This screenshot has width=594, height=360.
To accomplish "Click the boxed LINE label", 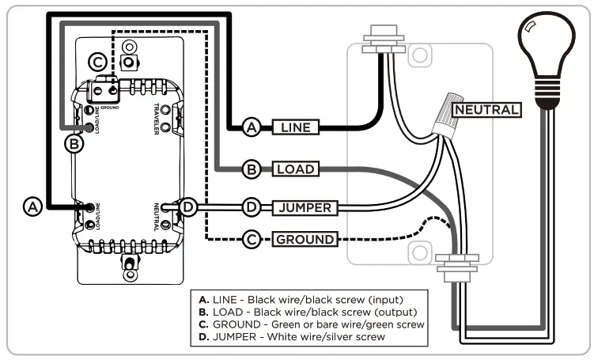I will [296, 127].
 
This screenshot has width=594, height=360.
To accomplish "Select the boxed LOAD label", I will [296, 169].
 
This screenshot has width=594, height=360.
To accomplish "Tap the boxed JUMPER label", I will [305, 208].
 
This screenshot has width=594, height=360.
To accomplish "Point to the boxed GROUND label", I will [305, 238].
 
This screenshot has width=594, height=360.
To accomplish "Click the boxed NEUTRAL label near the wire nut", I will [486, 110].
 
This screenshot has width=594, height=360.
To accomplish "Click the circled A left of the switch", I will [32, 207].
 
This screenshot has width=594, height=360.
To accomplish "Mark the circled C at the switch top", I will [97, 61].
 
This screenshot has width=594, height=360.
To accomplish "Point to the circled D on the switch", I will [187, 207].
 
